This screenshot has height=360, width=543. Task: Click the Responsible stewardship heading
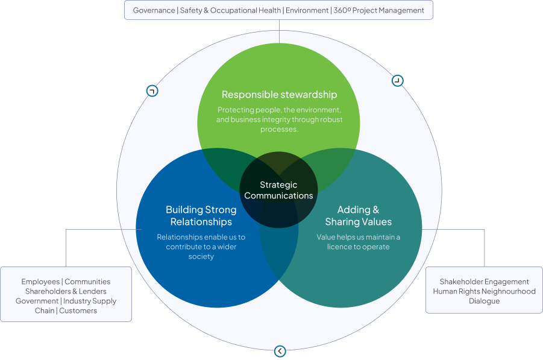coord(279,95)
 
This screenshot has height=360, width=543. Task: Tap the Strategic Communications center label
coord(278,191)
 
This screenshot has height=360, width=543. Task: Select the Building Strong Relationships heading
coord(201,215)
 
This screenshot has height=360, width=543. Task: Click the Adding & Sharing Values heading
coord(358,215)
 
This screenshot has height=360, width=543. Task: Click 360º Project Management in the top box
coord(378,10)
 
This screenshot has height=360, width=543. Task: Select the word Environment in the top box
coord(307,10)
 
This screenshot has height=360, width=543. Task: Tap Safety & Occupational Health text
coord(230,10)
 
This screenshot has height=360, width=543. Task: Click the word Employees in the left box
coord(40,282)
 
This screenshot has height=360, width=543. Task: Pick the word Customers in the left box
coord(78,311)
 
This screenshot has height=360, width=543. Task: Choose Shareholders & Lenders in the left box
coord(66,291)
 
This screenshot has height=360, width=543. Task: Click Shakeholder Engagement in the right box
coord(484,282)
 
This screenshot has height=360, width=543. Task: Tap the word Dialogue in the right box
coord(484,301)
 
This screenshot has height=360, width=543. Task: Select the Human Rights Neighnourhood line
coord(484,291)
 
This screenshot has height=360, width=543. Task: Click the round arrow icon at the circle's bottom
coord(280,351)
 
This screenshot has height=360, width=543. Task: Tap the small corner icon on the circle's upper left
coord(152,91)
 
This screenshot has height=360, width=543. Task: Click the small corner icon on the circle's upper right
coord(397,81)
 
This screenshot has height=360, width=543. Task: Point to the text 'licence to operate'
coord(359,247)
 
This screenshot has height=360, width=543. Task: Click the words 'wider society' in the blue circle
coord(201,251)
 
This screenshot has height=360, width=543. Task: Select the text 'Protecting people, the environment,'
coord(279,110)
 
